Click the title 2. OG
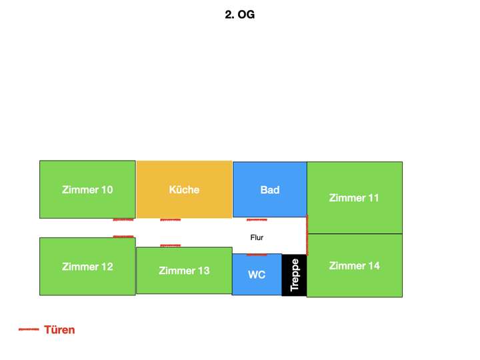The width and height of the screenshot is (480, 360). point(240,15)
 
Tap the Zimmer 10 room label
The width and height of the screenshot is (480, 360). point(87,189)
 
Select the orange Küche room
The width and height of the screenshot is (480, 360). point(184,189)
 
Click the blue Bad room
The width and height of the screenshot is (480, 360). point(270,189)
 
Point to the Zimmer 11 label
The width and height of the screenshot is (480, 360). point(354,198)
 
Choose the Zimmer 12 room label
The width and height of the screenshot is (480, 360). point(87,267)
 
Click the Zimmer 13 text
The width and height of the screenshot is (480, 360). point(184,271)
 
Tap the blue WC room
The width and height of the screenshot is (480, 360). point(257,274)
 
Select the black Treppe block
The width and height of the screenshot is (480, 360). point(294,275)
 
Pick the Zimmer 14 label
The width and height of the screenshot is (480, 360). point(355,266)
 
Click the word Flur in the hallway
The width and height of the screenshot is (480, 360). point(257,237)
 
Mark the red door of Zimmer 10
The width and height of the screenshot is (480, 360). point(123,220)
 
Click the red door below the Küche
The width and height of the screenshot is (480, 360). point(171,220)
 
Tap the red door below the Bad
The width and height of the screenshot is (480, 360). point(257,220)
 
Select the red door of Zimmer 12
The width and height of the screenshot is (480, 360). point(123,236)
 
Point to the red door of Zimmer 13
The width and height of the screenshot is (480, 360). point(171,245)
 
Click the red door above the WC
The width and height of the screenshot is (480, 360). point(257,255)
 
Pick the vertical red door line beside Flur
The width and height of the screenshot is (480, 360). point(307,235)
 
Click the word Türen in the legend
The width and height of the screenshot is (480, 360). point(59,330)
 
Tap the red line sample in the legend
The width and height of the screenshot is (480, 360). point(29,329)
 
